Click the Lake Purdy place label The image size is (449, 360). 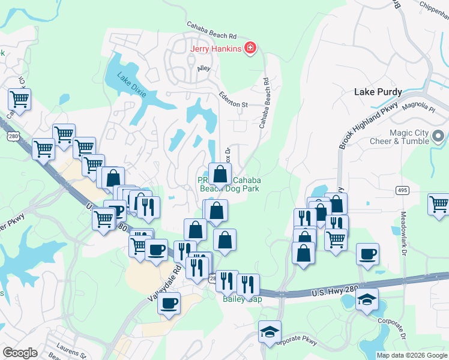pyautogui.click(x=378, y=92)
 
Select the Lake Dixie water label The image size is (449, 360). pyautogui.click(x=131, y=83)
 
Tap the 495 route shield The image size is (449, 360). pyautogui.click(x=402, y=190)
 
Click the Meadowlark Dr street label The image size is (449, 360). pyautogui.click(x=402, y=229)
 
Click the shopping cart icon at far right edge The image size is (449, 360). pyautogui.click(x=439, y=204)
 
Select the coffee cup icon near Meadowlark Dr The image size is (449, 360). pyautogui.click(x=367, y=253)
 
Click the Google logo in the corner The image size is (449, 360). pyautogui.click(x=20, y=353)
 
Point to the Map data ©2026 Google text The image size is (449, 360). pyautogui.click(x=411, y=355)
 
